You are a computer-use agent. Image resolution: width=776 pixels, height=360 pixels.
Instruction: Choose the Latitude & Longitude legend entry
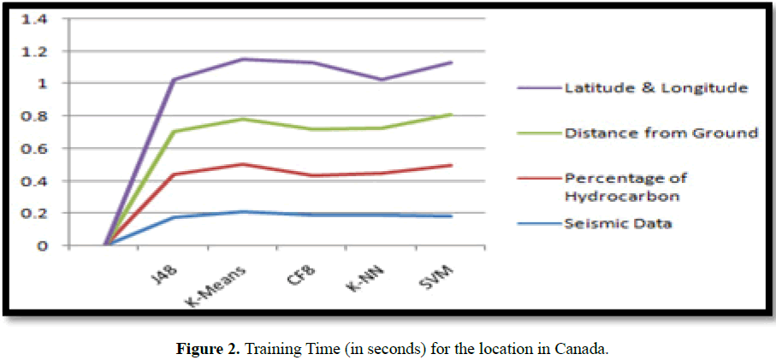coord(655,87)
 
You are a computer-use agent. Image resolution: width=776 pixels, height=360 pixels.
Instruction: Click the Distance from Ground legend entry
coord(660,133)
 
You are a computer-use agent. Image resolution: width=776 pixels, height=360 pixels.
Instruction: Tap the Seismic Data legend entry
coord(617,224)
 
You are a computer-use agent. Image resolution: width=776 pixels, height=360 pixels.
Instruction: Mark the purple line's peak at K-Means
coord(243,59)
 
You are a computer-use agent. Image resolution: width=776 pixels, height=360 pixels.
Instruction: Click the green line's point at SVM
coord(451,115)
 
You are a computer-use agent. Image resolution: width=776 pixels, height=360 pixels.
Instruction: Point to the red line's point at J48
coord(174,174)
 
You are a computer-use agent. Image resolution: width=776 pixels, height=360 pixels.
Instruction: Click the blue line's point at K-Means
coord(243,211)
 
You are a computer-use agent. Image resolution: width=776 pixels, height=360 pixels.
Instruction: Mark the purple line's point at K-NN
coord(382,80)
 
